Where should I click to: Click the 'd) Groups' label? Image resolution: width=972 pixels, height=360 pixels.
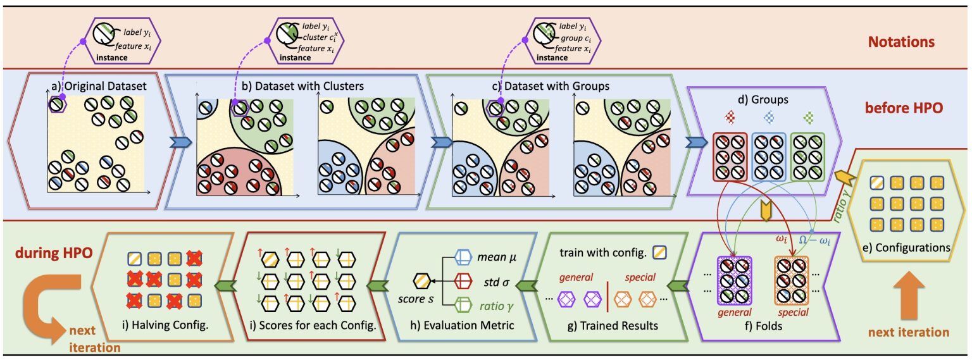point(765,99)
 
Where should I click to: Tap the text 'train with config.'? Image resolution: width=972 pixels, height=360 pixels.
point(601,252)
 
